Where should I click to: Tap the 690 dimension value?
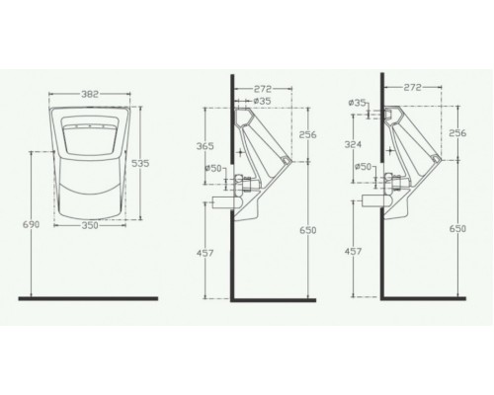(x=30, y=226)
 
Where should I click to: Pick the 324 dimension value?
(x=352, y=145)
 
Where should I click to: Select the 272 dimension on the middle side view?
(x=263, y=88)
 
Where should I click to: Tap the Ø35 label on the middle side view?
(x=262, y=100)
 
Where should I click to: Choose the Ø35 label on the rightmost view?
(x=358, y=101)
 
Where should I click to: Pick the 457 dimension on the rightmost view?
(x=352, y=252)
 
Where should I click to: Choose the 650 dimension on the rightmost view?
(x=456, y=228)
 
